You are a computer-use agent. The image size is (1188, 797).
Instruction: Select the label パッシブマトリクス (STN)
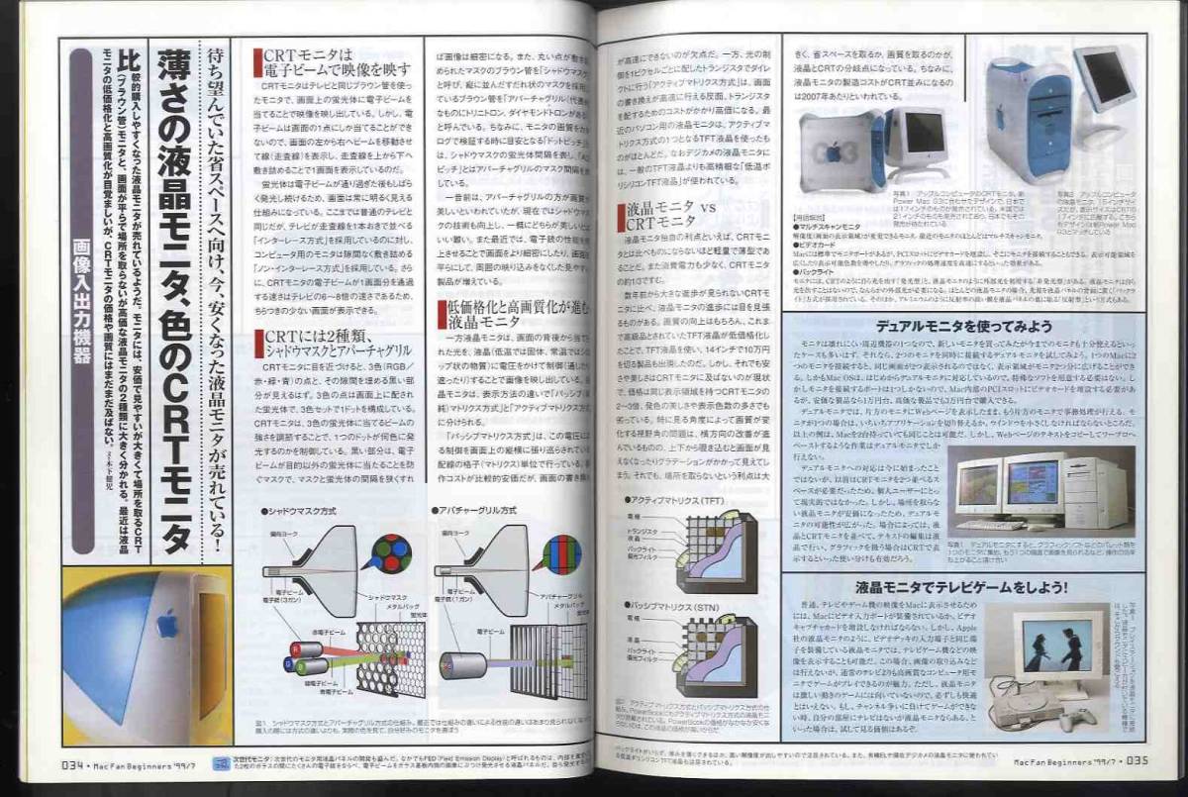[x=676, y=604]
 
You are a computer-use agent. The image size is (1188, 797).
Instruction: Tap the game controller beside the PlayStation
[x=1080, y=715]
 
